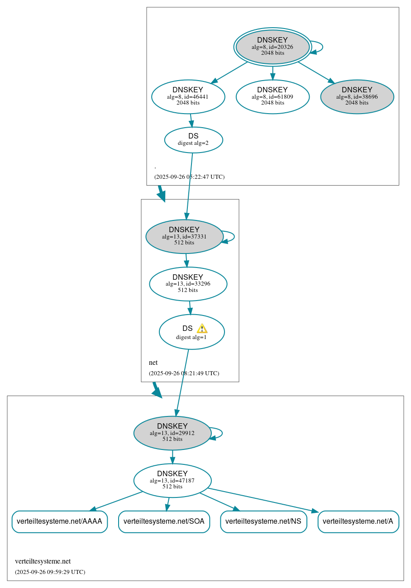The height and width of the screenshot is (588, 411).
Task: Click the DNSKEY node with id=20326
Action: tap(272, 47)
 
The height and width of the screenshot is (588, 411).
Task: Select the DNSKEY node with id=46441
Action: tap(188, 96)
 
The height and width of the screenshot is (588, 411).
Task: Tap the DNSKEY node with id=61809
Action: tap(272, 96)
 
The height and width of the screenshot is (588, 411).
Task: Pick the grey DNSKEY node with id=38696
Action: tap(357, 96)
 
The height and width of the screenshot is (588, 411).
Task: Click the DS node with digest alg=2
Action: tap(193, 140)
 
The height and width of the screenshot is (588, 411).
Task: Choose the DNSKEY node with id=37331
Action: tap(184, 236)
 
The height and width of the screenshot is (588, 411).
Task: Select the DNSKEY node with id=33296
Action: tap(188, 284)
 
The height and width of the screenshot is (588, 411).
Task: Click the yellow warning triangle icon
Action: tap(202, 329)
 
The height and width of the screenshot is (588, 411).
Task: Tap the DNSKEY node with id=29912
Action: tap(172, 433)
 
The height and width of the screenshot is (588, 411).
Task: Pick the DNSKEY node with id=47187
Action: tap(172, 480)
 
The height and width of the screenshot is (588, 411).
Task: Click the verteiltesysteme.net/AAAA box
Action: tap(59, 521)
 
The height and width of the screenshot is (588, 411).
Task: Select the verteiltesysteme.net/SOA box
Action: tap(164, 521)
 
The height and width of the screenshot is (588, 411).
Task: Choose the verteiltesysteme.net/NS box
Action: tap(263, 521)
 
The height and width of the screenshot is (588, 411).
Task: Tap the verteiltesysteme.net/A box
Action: tap(358, 521)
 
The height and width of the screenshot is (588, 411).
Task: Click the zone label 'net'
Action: tap(153, 363)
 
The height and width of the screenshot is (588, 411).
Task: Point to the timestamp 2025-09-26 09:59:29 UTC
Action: tap(50, 572)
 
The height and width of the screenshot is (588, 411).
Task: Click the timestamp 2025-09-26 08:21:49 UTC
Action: tap(184, 373)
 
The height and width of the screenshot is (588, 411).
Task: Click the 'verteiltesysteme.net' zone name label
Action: tap(43, 561)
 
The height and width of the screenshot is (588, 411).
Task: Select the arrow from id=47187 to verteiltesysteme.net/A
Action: tap(263, 500)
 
